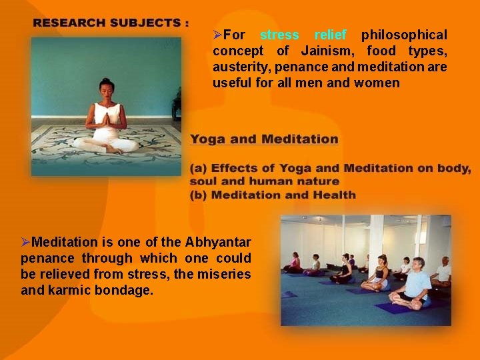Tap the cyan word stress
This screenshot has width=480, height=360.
[x=279, y=35]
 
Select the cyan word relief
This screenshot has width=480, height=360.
[x=330, y=35]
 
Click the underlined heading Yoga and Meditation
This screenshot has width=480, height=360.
[x=264, y=139]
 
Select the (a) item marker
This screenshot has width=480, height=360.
[x=198, y=169]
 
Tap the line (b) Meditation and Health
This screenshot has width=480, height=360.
[x=273, y=195]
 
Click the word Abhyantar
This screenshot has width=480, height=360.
[x=218, y=241]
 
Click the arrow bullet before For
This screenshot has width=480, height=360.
[x=217, y=35]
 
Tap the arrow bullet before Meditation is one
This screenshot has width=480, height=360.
[x=26, y=241]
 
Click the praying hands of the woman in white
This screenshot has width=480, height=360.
[x=105, y=119]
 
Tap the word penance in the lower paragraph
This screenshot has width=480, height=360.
[x=47, y=258]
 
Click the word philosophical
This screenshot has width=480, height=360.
[x=404, y=35]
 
